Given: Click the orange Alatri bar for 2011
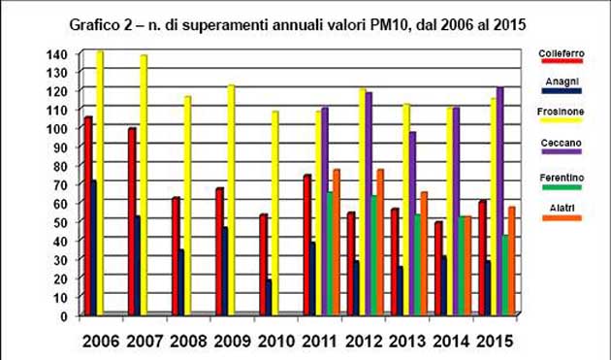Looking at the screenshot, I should pos(337,243).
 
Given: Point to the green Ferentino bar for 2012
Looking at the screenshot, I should pos(373,256).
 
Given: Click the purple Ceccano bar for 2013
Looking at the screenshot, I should pos(412,224).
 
